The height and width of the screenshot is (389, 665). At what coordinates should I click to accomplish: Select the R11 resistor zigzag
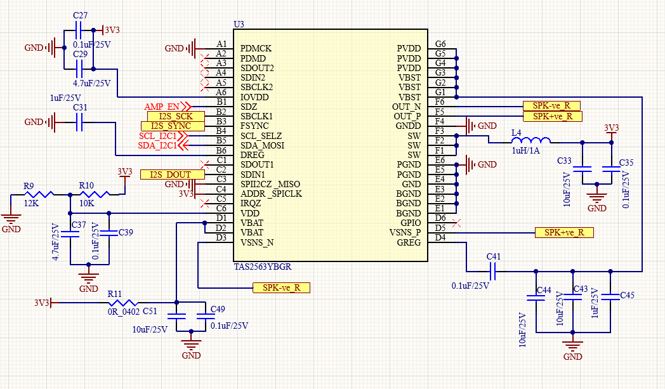click(x=123, y=303)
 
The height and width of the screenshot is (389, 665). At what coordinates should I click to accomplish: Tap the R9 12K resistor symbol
click(x=39, y=194)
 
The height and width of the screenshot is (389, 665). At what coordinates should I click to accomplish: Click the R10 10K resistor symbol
click(x=95, y=194)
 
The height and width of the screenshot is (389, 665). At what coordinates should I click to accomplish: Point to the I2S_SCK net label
click(x=176, y=116)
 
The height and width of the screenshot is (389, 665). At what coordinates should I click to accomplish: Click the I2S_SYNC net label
click(x=173, y=126)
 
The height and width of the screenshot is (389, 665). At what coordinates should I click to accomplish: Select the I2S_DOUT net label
click(x=173, y=175)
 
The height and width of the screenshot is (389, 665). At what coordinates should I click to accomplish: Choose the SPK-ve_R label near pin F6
click(x=551, y=105)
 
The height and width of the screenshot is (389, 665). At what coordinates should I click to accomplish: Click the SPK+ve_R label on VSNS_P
click(x=564, y=232)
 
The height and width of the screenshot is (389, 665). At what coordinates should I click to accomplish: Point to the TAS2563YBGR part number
click(x=263, y=267)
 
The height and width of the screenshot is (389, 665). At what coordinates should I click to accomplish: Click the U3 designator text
click(x=239, y=24)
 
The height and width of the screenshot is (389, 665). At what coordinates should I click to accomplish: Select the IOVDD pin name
click(x=254, y=97)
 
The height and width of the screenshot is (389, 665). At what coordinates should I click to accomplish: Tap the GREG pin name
click(x=409, y=242)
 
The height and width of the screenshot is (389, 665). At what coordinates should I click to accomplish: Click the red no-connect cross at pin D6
click(x=456, y=223)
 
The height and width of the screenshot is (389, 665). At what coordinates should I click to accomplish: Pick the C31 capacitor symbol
click(x=79, y=122)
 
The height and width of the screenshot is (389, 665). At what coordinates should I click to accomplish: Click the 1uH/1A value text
click(x=526, y=150)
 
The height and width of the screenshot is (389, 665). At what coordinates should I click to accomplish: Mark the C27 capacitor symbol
click(x=79, y=30)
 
